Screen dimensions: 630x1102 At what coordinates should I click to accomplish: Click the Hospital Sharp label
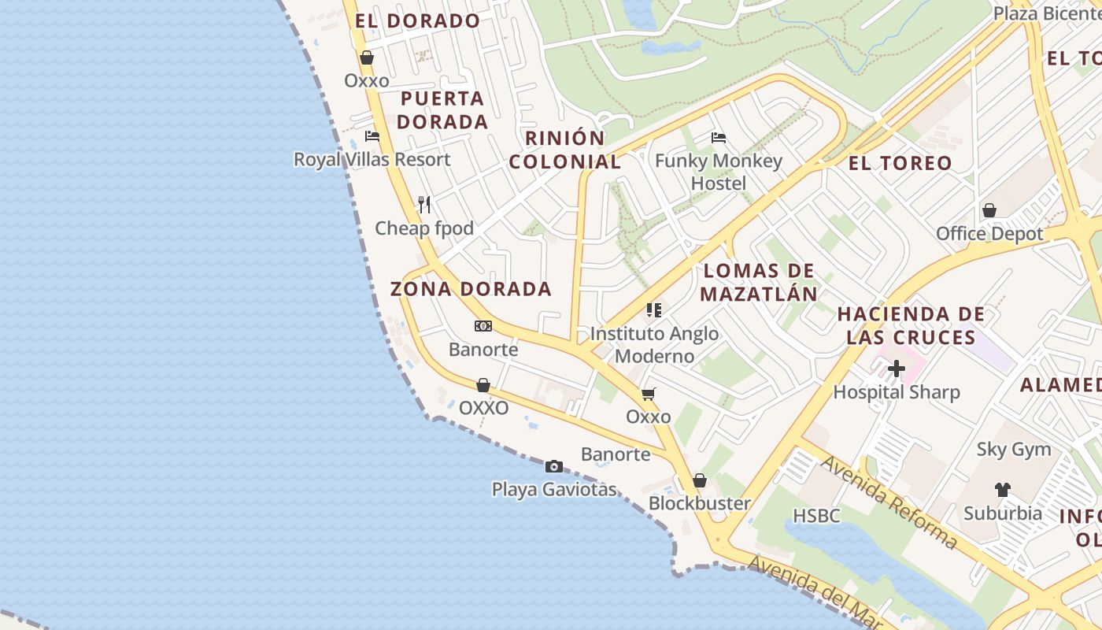pyautogui.click(x=897, y=392)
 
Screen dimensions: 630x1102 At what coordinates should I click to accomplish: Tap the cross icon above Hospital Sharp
pyautogui.click(x=897, y=369)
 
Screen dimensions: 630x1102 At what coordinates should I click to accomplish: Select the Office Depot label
pyautogui.click(x=989, y=234)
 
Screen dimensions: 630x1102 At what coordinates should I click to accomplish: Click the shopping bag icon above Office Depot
pyautogui.click(x=989, y=210)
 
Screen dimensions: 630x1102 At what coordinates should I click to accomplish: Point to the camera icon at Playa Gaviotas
pyautogui.click(x=554, y=466)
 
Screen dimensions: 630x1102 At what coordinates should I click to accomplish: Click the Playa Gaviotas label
pyautogui.click(x=554, y=489)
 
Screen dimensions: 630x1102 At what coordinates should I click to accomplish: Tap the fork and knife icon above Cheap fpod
pyautogui.click(x=424, y=205)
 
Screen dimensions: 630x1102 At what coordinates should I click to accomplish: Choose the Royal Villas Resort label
pyautogui.click(x=372, y=159)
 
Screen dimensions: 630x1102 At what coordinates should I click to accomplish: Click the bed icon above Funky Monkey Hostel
pyautogui.click(x=719, y=138)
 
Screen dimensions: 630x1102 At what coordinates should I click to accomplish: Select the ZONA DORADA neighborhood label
pyautogui.click(x=471, y=289)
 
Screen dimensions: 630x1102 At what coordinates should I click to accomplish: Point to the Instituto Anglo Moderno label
pyautogui.click(x=654, y=345)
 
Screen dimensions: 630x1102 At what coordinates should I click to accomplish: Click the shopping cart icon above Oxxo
pyautogui.click(x=648, y=394)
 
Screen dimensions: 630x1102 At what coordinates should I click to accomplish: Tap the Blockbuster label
pyautogui.click(x=699, y=503)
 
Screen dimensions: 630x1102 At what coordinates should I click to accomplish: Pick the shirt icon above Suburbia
pyautogui.click(x=1002, y=490)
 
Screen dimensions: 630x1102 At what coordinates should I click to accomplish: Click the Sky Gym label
pyautogui.click(x=1013, y=450)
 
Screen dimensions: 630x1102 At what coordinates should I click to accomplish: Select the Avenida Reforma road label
pyautogui.click(x=889, y=502)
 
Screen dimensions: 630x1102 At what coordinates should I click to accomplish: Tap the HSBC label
pyautogui.click(x=816, y=516)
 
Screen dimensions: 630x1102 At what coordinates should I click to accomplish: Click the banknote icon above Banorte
pyautogui.click(x=483, y=326)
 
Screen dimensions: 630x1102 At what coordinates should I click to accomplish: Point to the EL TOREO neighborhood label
pyautogui.click(x=900, y=164)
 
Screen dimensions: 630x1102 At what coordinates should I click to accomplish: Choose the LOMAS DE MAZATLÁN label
pyautogui.click(x=759, y=283)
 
